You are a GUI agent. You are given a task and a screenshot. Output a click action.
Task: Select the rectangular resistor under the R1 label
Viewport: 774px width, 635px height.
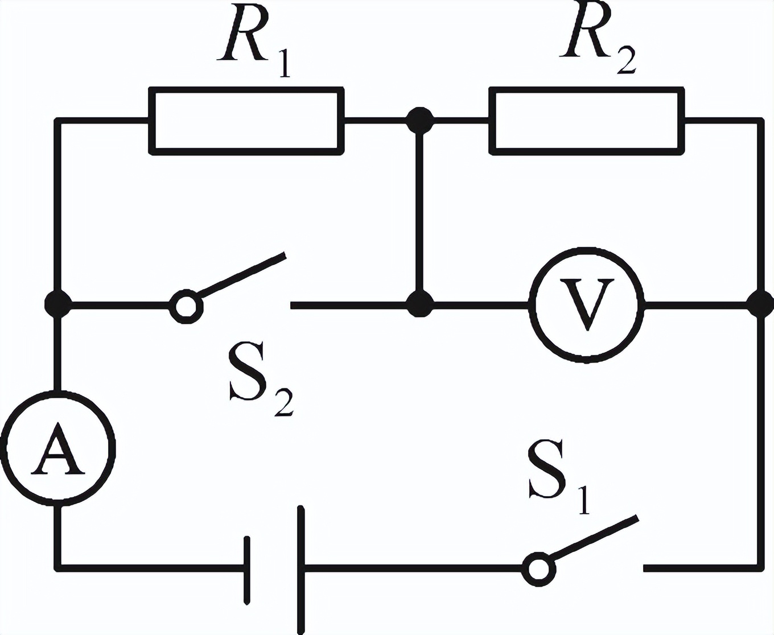246,121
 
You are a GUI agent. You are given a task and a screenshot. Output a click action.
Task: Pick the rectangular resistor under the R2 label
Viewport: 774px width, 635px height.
586,121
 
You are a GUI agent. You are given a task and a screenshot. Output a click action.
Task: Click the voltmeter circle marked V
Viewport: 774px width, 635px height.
587,305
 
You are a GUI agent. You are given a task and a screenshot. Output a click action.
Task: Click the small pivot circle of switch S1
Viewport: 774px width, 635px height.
538,568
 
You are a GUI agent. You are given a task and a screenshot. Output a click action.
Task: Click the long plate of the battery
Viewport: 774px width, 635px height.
300,569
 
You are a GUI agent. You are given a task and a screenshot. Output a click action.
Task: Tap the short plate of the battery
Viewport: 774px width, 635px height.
246,569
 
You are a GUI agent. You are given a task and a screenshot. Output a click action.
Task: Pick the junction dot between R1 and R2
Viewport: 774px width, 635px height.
420,120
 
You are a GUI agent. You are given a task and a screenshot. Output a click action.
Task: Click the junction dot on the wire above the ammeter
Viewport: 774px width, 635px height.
57,304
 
